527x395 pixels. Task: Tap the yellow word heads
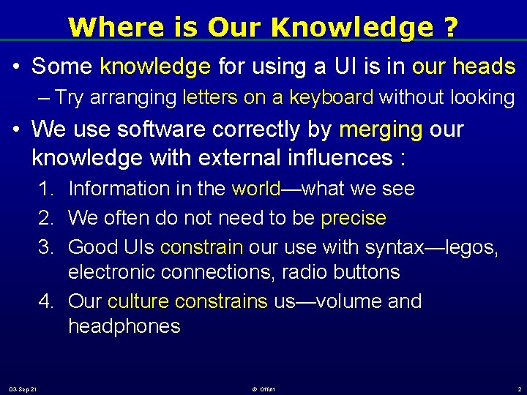coord(484,67)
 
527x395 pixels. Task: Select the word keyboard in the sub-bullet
coord(332,97)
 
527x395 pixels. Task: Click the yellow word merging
coord(381,130)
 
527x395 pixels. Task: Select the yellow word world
coord(255,189)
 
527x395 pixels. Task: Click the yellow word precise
coord(354,218)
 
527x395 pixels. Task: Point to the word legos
coord(469,247)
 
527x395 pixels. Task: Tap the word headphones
coord(124,326)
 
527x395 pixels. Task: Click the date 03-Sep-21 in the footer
coord(23,388)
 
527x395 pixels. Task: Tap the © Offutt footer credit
coord(263,388)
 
